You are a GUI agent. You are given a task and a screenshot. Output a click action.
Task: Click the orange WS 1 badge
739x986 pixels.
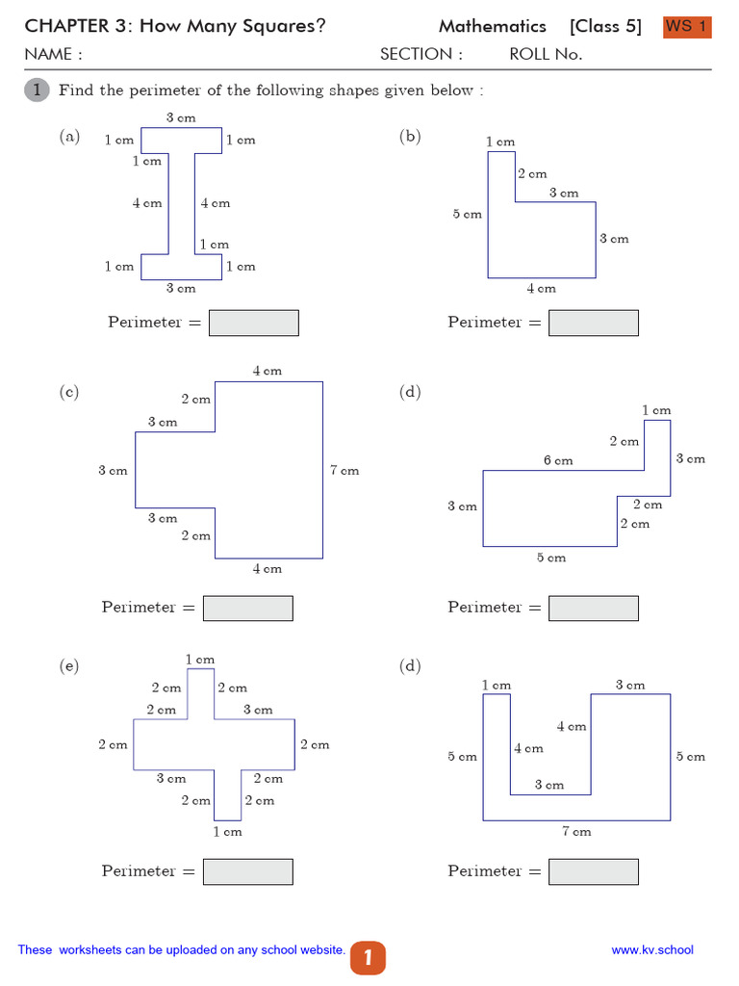point(687,27)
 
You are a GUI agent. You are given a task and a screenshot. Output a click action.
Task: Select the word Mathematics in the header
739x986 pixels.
point(492,27)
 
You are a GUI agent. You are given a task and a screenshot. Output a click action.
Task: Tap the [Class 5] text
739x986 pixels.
point(605,27)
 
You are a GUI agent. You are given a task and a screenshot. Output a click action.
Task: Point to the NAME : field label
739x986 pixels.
point(53,55)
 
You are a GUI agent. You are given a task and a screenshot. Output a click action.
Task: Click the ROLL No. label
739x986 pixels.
point(546,55)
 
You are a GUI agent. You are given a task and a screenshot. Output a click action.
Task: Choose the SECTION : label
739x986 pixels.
point(420,55)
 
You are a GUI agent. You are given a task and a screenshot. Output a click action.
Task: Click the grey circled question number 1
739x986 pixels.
point(37,91)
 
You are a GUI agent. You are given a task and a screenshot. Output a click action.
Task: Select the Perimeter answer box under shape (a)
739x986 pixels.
point(254,323)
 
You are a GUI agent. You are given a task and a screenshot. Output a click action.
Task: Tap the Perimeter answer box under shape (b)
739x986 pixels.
point(593,323)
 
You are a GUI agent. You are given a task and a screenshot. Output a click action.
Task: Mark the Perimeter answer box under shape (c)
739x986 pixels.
point(248,608)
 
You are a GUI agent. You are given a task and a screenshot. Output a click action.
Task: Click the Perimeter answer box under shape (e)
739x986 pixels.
point(248,871)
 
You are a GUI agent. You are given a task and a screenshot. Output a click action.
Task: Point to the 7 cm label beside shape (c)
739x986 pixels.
point(344,471)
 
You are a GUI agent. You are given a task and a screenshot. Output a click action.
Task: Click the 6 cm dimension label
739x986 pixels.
point(558,460)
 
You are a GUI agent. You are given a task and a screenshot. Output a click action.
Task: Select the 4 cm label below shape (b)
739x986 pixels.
point(541,288)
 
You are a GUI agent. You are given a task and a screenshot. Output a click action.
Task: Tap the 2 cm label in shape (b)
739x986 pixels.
point(532,174)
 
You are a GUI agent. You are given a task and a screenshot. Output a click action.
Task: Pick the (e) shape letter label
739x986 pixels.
point(68,665)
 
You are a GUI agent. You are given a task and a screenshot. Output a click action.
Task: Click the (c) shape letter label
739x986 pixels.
point(68,392)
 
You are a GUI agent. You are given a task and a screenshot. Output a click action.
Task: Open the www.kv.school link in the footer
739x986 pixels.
point(651,950)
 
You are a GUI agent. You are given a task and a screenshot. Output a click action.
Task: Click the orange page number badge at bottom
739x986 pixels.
point(368,958)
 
